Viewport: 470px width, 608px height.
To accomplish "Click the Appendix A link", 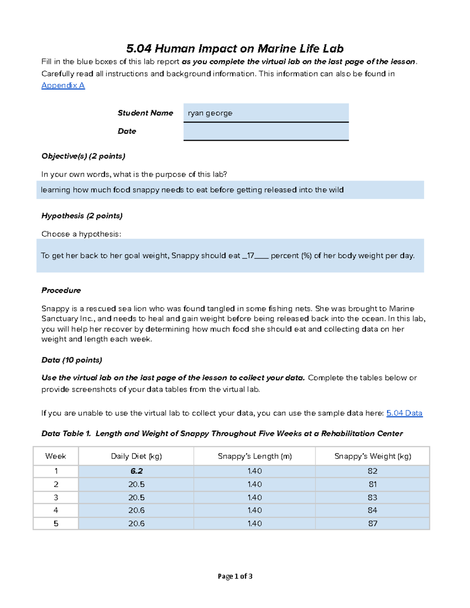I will (63, 85).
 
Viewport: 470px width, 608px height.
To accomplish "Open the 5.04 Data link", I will (404, 413).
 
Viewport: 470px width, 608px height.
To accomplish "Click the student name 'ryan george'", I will (210, 113).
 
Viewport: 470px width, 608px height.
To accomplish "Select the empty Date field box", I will (266, 132).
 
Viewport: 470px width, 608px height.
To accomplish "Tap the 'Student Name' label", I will (145, 113).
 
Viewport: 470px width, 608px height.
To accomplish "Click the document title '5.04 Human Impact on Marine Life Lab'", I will (235, 49).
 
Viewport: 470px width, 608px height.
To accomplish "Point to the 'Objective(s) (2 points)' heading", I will (83, 156).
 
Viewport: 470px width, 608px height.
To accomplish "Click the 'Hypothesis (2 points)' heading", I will (82, 216).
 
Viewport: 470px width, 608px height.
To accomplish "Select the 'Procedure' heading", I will (61, 290).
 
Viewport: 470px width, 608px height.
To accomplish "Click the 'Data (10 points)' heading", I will (72, 360).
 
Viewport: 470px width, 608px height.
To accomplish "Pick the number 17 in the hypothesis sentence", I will (250, 256).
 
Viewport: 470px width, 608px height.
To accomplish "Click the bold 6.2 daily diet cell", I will (136, 471).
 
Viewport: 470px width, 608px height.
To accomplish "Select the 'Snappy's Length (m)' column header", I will (255, 456).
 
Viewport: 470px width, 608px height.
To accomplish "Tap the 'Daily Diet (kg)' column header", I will (136, 456).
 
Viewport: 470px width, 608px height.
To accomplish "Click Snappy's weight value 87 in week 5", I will (372, 523).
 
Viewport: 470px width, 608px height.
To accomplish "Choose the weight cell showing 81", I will (372, 484).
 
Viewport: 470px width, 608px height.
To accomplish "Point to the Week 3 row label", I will (56, 498).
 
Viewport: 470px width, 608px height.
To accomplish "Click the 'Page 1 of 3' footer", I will (235, 576).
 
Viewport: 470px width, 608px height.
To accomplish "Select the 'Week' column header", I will (56, 456).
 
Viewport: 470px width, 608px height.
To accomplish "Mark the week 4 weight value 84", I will (372, 511).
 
